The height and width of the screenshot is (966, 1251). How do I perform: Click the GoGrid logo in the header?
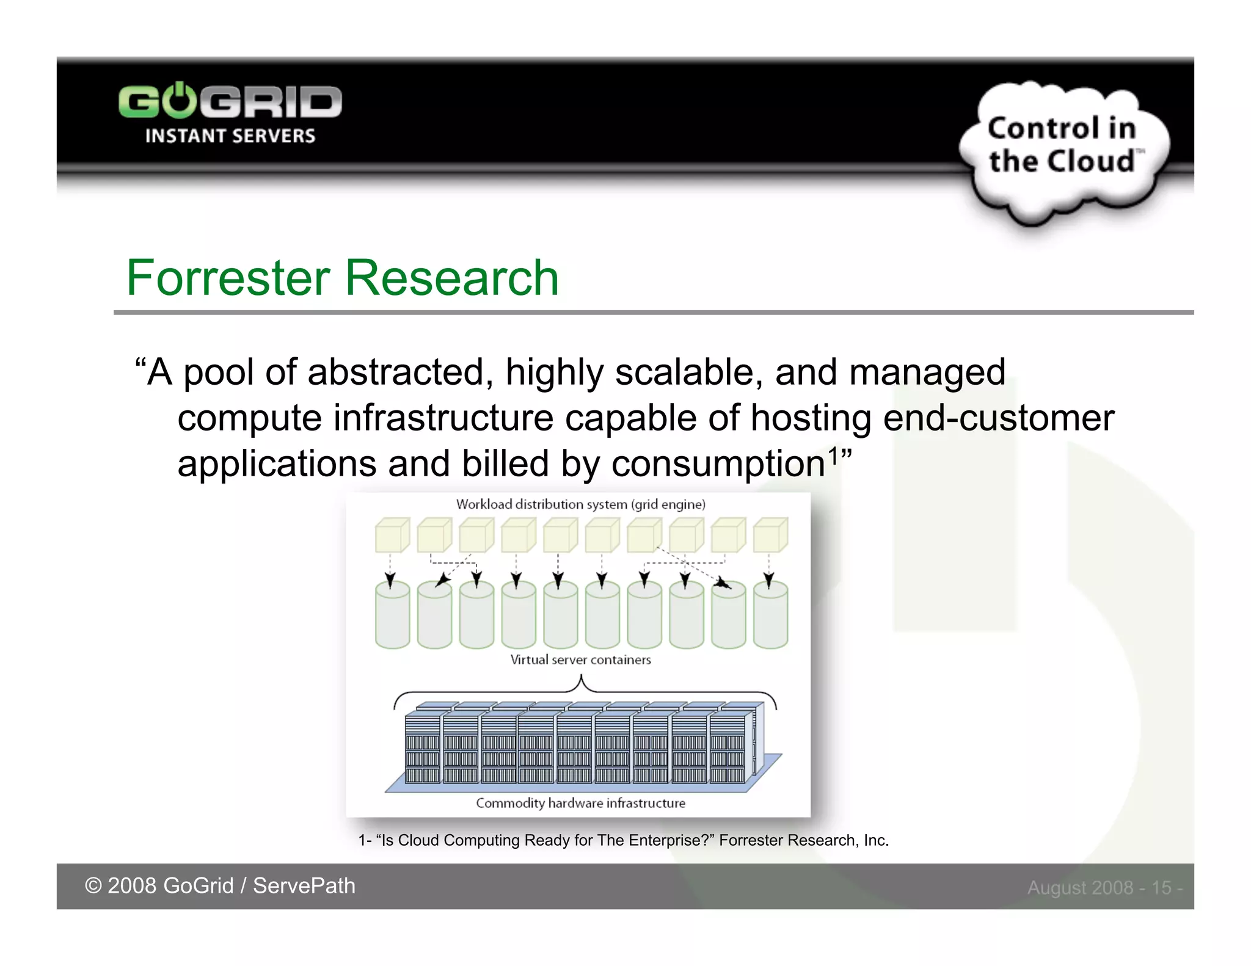pyautogui.click(x=230, y=101)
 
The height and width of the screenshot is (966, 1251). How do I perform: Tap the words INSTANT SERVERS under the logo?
pyautogui.click(x=230, y=136)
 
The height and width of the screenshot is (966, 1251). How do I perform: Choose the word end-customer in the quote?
pyautogui.click(x=999, y=418)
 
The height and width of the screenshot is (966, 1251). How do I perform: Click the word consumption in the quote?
pyautogui.click(x=718, y=464)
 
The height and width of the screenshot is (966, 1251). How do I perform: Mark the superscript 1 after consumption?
pyautogui.click(x=833, y=455)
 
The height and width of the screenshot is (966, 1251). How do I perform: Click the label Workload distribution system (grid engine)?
pyautogui.click(x=580, y=504)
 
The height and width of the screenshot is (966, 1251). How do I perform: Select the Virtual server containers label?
pyautogui.click(x=580, y=659)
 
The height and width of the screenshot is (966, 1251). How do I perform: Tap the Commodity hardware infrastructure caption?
pyautogui.click(x=580, y=803)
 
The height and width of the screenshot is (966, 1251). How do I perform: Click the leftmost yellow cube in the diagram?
pyautogui.click(x=392, y=536)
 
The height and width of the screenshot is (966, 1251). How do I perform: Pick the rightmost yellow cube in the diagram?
pyautogui.click(x=770, y=536)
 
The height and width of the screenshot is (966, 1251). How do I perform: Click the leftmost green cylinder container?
pyautogui.click(x=392, y=614)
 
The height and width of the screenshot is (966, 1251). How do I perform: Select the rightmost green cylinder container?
pyautogui.click(x=770, y=614)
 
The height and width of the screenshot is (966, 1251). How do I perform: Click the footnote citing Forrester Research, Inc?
pyautogui.click(x=623, y=840)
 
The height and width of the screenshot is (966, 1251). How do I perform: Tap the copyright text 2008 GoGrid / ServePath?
pyautogui.click(x=220, y=885)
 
